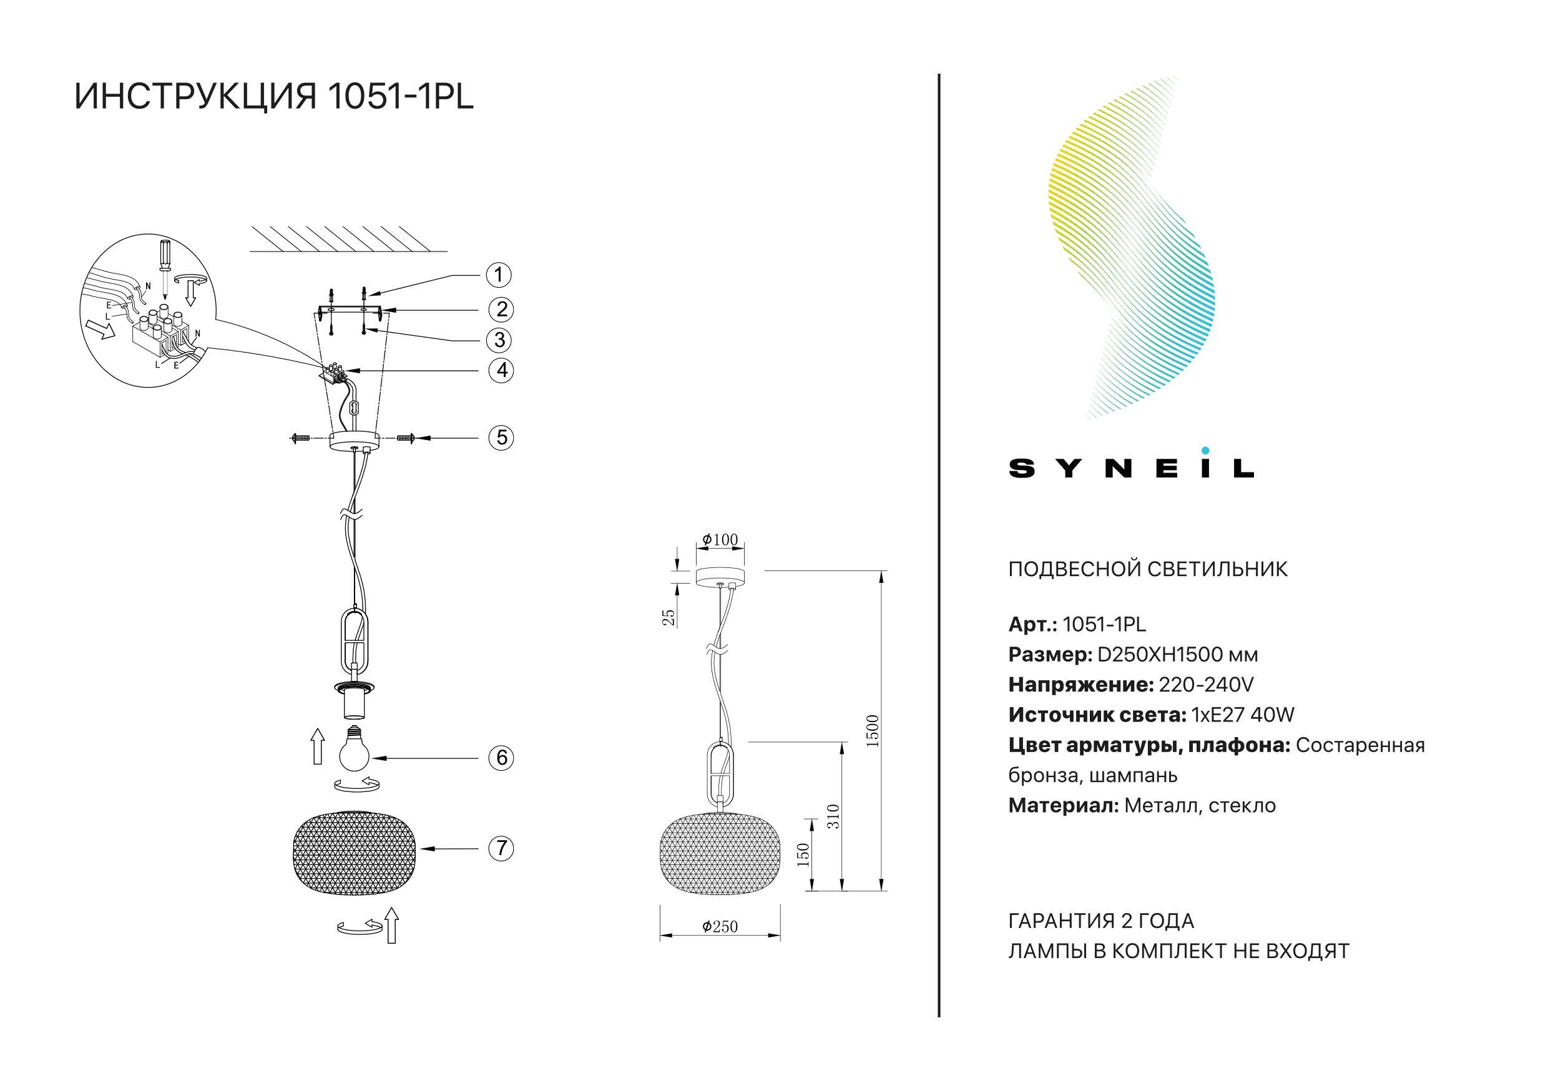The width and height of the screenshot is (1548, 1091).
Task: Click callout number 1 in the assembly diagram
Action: click(x=499, y=275)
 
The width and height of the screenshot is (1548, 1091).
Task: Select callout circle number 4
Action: click(x=501, y=370)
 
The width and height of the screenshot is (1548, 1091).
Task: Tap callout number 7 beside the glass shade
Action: click(x=501, y=848)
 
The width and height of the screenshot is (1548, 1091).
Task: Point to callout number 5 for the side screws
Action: click(x=501, y=438)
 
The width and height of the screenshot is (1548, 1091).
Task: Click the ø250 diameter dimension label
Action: click(x=720, y=926)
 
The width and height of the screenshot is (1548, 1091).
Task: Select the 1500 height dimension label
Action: click(x=873, y=731)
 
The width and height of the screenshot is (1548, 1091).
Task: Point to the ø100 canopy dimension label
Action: click(x=720, y=539)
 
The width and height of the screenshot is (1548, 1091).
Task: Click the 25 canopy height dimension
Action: click(x=668, y=618)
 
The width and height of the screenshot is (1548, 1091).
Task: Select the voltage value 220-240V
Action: click(x=1206, y=685)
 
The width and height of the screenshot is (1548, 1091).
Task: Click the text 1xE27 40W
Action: click(x=1243, y=715)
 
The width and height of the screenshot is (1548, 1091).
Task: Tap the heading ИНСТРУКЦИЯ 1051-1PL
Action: click(x=274, y=96)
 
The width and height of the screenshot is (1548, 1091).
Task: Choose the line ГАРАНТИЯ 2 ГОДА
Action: click(x=1101, y=921)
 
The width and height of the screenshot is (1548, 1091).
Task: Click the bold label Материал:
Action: click(x=1063, y=806)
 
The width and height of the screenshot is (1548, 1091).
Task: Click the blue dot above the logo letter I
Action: click(x=1205, y=451)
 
